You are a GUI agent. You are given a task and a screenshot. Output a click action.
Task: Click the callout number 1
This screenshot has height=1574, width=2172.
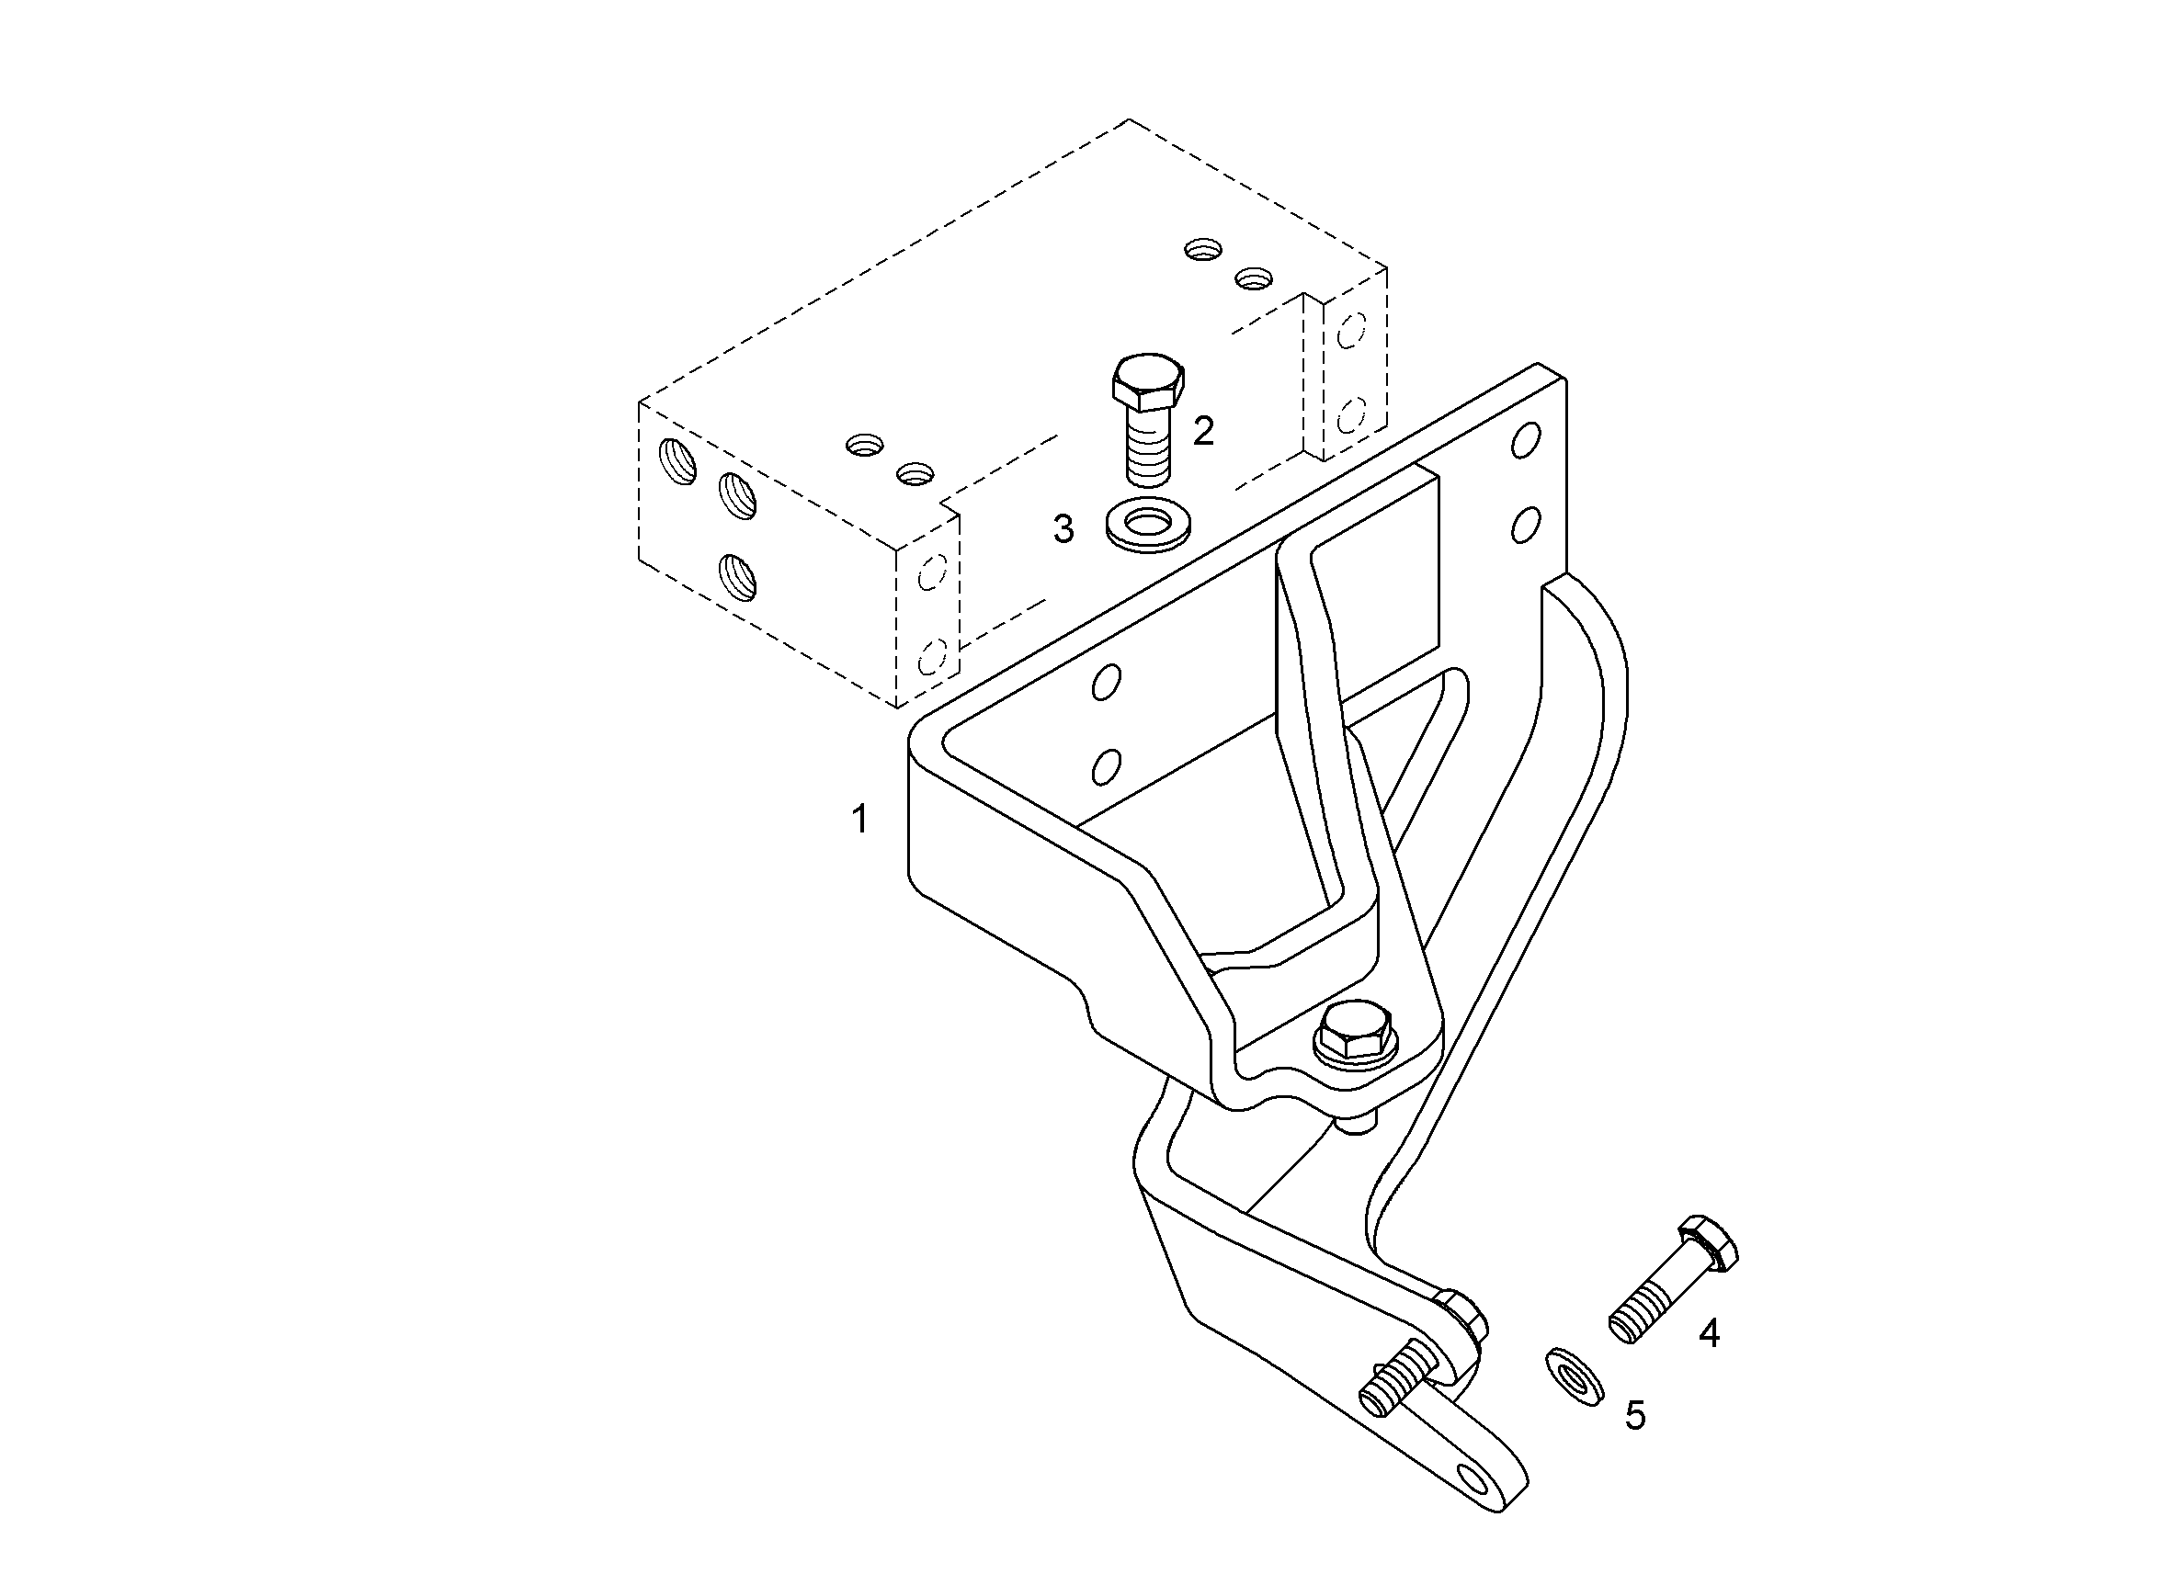[860, 820]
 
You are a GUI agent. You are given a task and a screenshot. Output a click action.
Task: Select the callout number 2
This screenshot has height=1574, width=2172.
[1203, 431]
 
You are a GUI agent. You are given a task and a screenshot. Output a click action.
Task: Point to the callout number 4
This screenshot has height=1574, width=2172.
[1710, 1333]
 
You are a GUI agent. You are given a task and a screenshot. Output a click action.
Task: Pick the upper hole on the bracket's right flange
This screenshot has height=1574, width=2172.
[1526, 439]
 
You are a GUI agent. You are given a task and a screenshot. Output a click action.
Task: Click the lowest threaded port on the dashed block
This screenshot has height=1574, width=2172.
[737, 577]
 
